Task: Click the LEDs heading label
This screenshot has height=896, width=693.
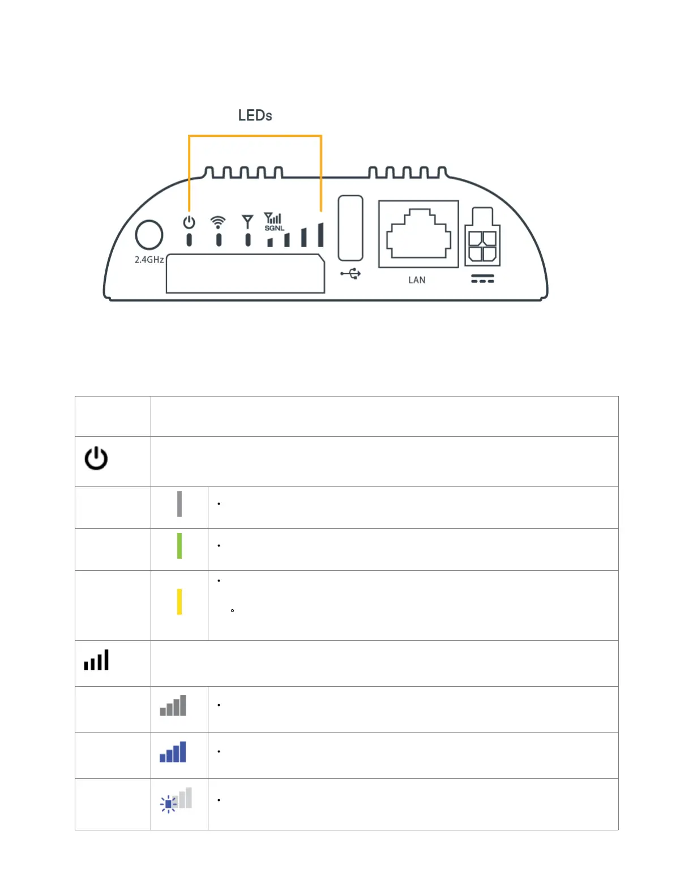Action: pyautogui.click(x=255, y=115)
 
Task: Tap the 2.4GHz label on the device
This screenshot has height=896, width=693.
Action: pyautogui.click(x=149, y=260)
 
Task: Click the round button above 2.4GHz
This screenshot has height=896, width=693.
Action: pyautogui.click(x=149, y=235)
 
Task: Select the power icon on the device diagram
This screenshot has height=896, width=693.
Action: pyautogui.click(x=189, y=222)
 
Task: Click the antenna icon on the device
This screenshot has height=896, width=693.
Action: pyautogui.click(x=247, y=221)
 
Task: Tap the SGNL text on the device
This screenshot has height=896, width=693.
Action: pyautogui.click(x=275, y=228)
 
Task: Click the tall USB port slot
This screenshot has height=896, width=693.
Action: pyautogui.click(x=350, y=228)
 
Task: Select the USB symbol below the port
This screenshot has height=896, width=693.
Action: pyautogui.click(x=350, y=274)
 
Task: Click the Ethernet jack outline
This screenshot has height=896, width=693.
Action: pyautogui.click(x=418, y=234)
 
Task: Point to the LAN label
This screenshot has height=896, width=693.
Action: pyautogui.click(x=417, y=280)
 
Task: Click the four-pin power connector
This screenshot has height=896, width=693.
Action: pyautogui.click(x=482, y=238)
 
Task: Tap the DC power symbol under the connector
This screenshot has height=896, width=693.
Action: pyautogui.click(x=482, y=279)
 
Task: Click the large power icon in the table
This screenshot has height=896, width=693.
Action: pyautogui.click(x=96, y=458)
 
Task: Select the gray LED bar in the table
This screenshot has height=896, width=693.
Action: pyautogui.click(x=179, y=504)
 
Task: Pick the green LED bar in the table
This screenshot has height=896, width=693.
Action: pyautogui.click(x=179, y=546)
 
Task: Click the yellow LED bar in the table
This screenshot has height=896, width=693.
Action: pyautogui.click(x=179, y=602)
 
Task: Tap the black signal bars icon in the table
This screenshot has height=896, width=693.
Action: pyautogui.click(x=96, y=661)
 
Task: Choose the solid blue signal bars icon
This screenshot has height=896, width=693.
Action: pyautogui.click(x=173, y=752)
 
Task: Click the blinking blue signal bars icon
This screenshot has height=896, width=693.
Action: pyautogui.click(x=176, y=800)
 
